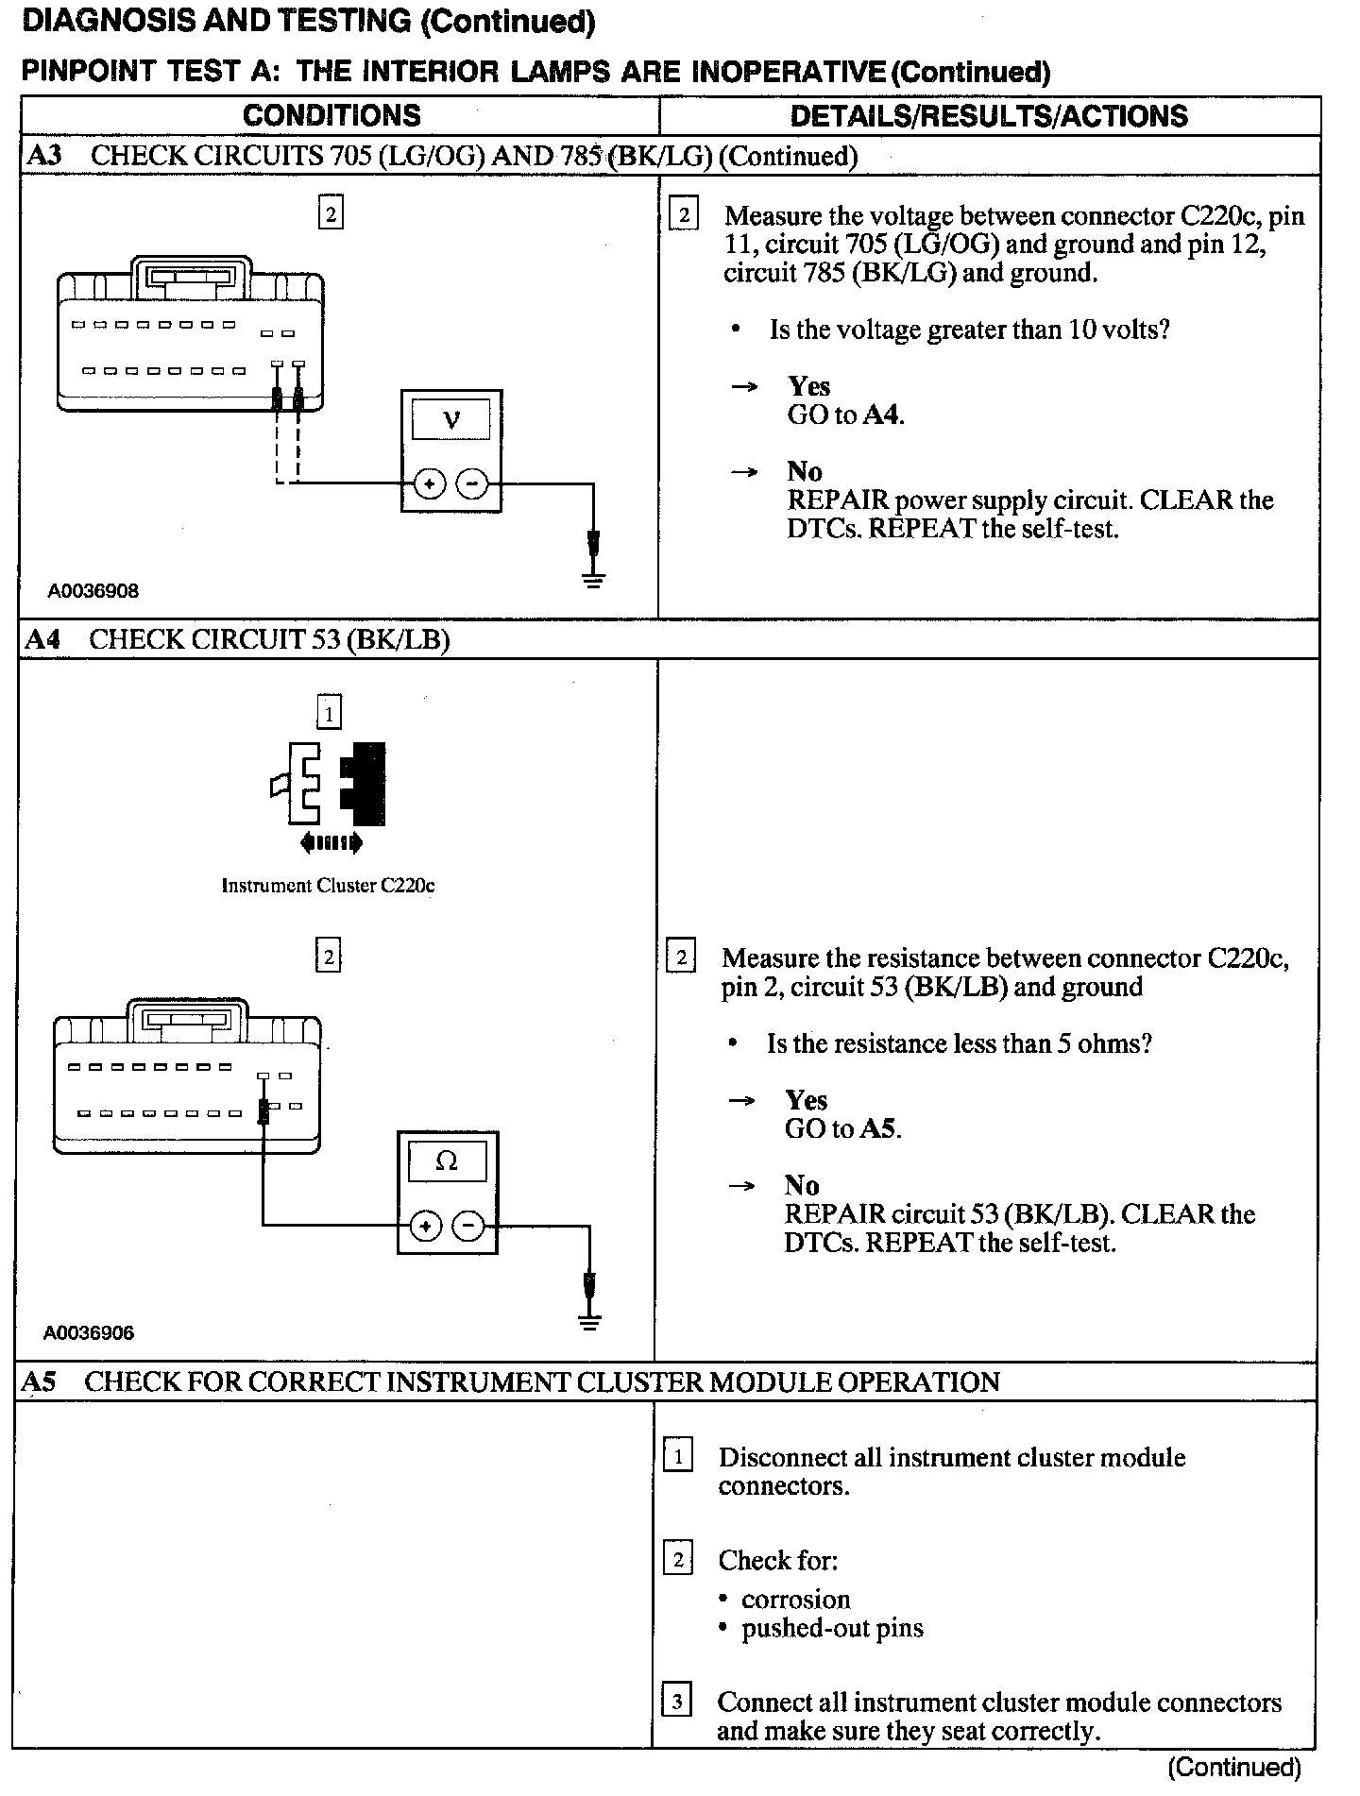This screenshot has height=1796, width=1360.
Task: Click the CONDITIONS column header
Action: [331, 115]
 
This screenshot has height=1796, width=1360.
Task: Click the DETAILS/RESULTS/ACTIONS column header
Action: [989, 116]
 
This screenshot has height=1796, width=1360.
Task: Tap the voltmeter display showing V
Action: [451, 418]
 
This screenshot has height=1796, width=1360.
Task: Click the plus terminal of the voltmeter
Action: [429, 484]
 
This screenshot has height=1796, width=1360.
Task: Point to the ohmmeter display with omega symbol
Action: [447, 1161]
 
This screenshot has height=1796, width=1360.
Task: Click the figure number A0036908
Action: [93, 591]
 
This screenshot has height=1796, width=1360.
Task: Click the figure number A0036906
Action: [89, 1333]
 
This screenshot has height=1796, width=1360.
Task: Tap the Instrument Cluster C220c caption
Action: [328, 886]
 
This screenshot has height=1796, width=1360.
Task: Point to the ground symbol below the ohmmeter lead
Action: [589, 1321]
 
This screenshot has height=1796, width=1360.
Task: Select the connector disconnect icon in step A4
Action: [330, 785]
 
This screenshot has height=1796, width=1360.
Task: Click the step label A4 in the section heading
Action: [42, 639]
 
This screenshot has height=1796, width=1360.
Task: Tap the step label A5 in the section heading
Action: [39, 1381]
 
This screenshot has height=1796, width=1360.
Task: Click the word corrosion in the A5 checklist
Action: [795, 1599]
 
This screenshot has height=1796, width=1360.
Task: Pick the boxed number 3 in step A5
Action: [677, 1703]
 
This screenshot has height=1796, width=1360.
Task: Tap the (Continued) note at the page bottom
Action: [1233, 1768]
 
